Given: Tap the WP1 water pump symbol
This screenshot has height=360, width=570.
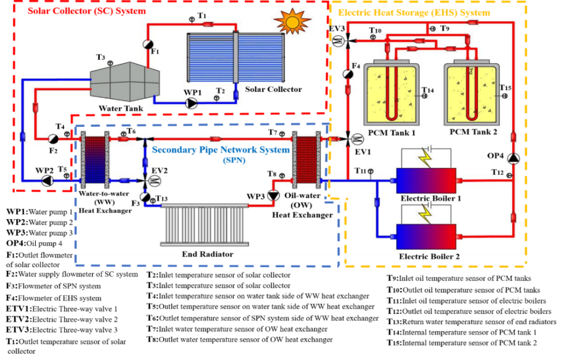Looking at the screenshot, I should [x=192, y=102].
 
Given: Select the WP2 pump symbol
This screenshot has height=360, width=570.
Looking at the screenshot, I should [x=47, y=181].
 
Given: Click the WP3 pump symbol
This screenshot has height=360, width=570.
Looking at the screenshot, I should [x=273, y=195].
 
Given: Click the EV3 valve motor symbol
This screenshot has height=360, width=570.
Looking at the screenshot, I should [x=338, y=41].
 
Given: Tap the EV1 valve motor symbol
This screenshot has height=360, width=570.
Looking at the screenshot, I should [x=357, y=139].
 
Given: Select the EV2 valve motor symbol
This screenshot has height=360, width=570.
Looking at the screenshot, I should [x=155, y=181].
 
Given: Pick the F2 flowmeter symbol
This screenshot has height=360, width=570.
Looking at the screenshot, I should [x=53, y=139].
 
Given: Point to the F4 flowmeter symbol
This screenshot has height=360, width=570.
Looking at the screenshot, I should [x=348, y=74].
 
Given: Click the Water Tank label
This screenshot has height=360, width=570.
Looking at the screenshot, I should [x=121, y=109].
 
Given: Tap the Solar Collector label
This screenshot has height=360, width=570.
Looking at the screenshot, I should [x=273, y=89].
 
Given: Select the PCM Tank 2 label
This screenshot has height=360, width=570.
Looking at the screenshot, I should [x=473, y=132].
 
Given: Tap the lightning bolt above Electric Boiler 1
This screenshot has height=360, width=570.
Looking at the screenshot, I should [x=425, y=159].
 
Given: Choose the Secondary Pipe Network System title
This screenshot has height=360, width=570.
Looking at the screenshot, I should [x=221, y=150].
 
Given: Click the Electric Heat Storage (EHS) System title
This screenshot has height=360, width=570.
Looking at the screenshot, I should [x=414, y=13].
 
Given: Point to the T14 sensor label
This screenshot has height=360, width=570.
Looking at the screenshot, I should [x=427, y=90].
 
